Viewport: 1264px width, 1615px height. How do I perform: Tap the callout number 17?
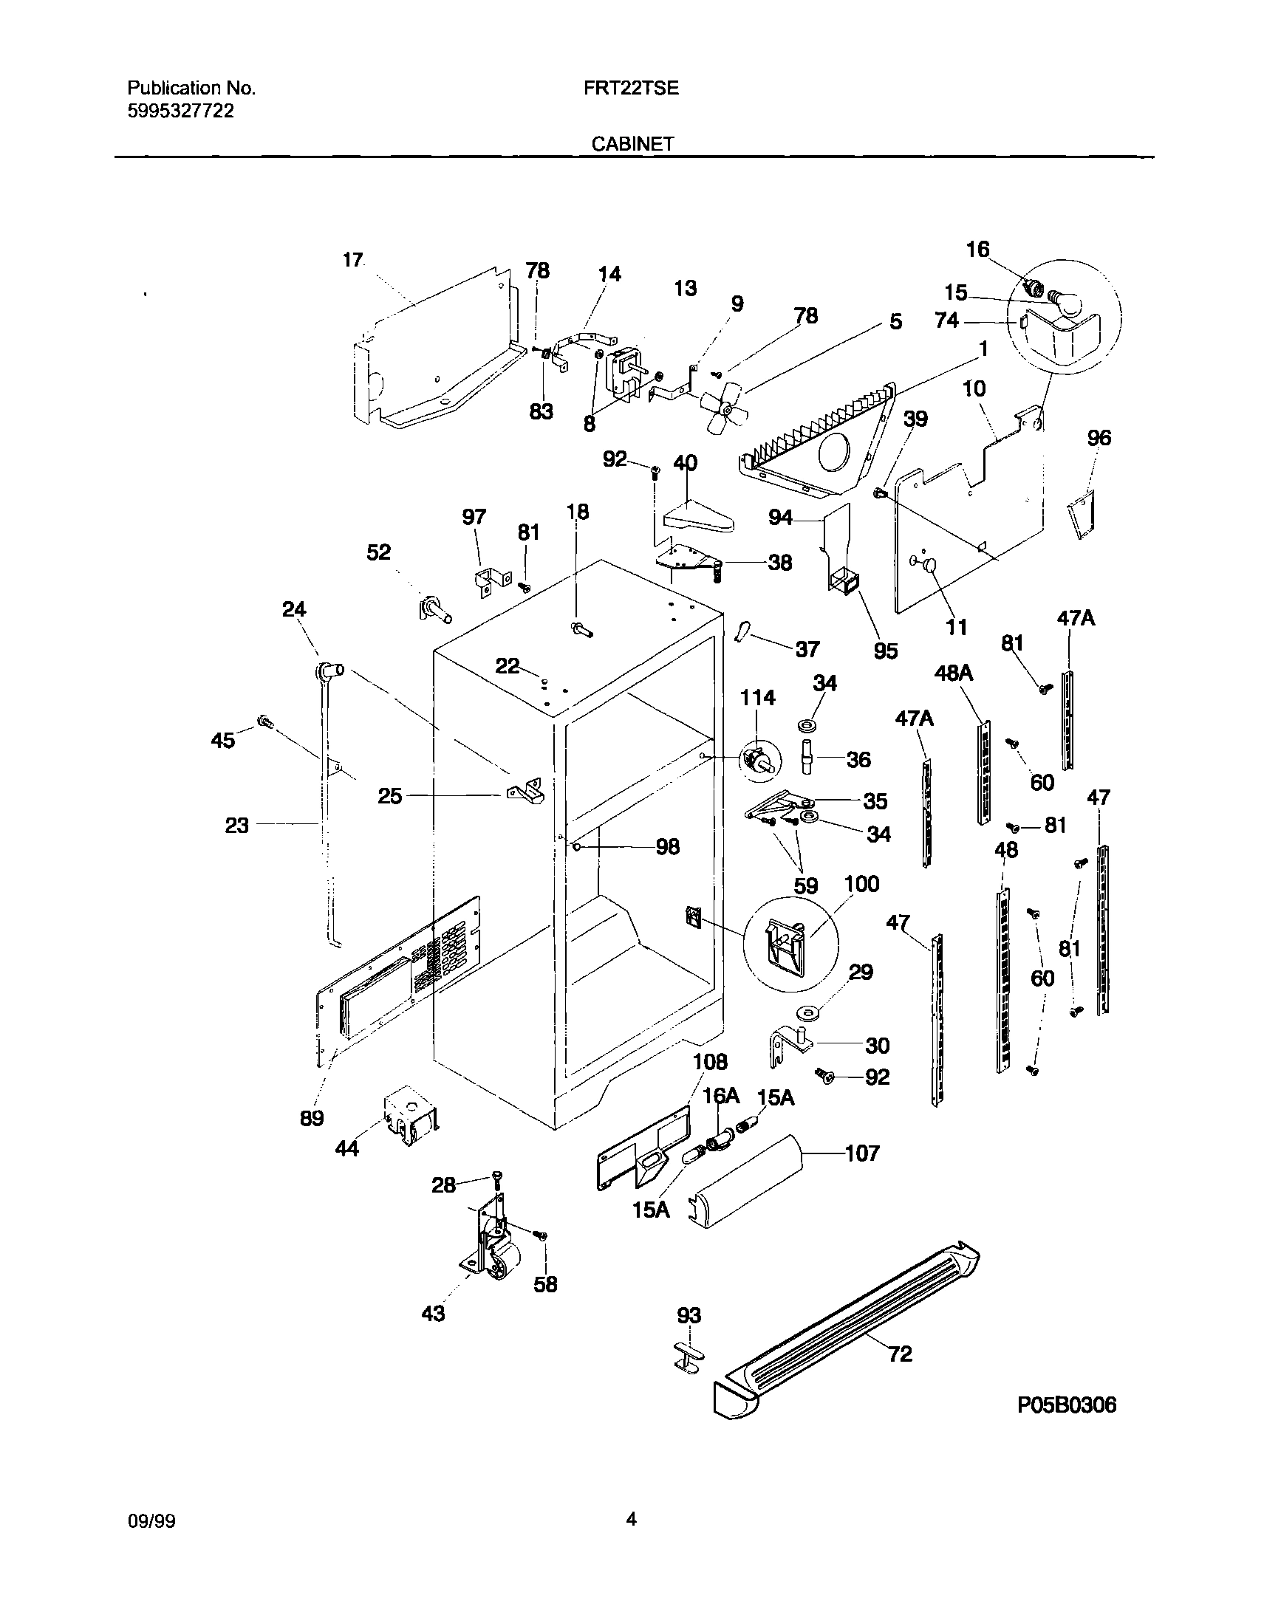(353, 260)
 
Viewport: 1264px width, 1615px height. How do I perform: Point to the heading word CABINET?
(632, 144)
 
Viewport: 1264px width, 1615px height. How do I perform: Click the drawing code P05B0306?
(1066, 1405)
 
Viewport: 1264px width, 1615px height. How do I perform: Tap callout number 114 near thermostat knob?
(758, 698)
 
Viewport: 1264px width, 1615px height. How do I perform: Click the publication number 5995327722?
(180, 111)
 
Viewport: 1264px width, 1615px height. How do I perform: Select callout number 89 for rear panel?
(312, 1118)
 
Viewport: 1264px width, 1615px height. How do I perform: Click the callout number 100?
(861, 884)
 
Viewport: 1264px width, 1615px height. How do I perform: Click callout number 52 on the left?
(378, 552)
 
